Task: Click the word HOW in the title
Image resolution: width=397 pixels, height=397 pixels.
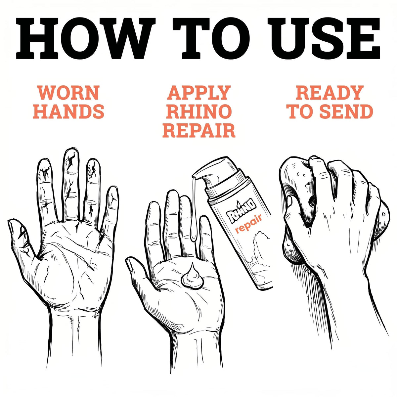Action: tap(85, 38)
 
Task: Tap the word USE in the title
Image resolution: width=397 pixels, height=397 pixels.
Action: tap(324, 38)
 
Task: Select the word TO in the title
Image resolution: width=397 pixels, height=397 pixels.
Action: tap(211, 38)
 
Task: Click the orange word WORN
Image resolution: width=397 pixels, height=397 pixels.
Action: tap(69, 93)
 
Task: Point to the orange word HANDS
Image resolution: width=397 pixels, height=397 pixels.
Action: tap(68, 111)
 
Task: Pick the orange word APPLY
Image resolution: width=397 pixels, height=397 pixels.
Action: tap(198, 93)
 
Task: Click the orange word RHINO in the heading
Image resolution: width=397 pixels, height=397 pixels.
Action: tap(199, 111)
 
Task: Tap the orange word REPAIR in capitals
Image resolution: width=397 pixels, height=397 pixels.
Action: tap(199, 130)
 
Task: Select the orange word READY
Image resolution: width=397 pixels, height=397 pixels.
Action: tap(329, 93)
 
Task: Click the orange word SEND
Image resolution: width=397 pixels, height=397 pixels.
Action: tap(347, 111)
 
